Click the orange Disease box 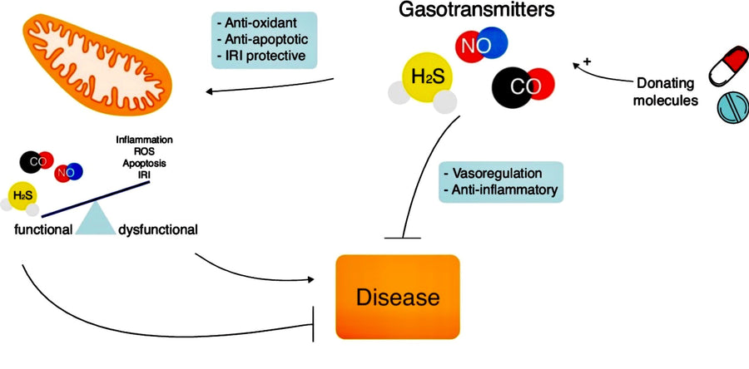click(x=397, y=296)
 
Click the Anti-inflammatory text click(x=503, y=191)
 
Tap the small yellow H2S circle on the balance click(x=19, y=196)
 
